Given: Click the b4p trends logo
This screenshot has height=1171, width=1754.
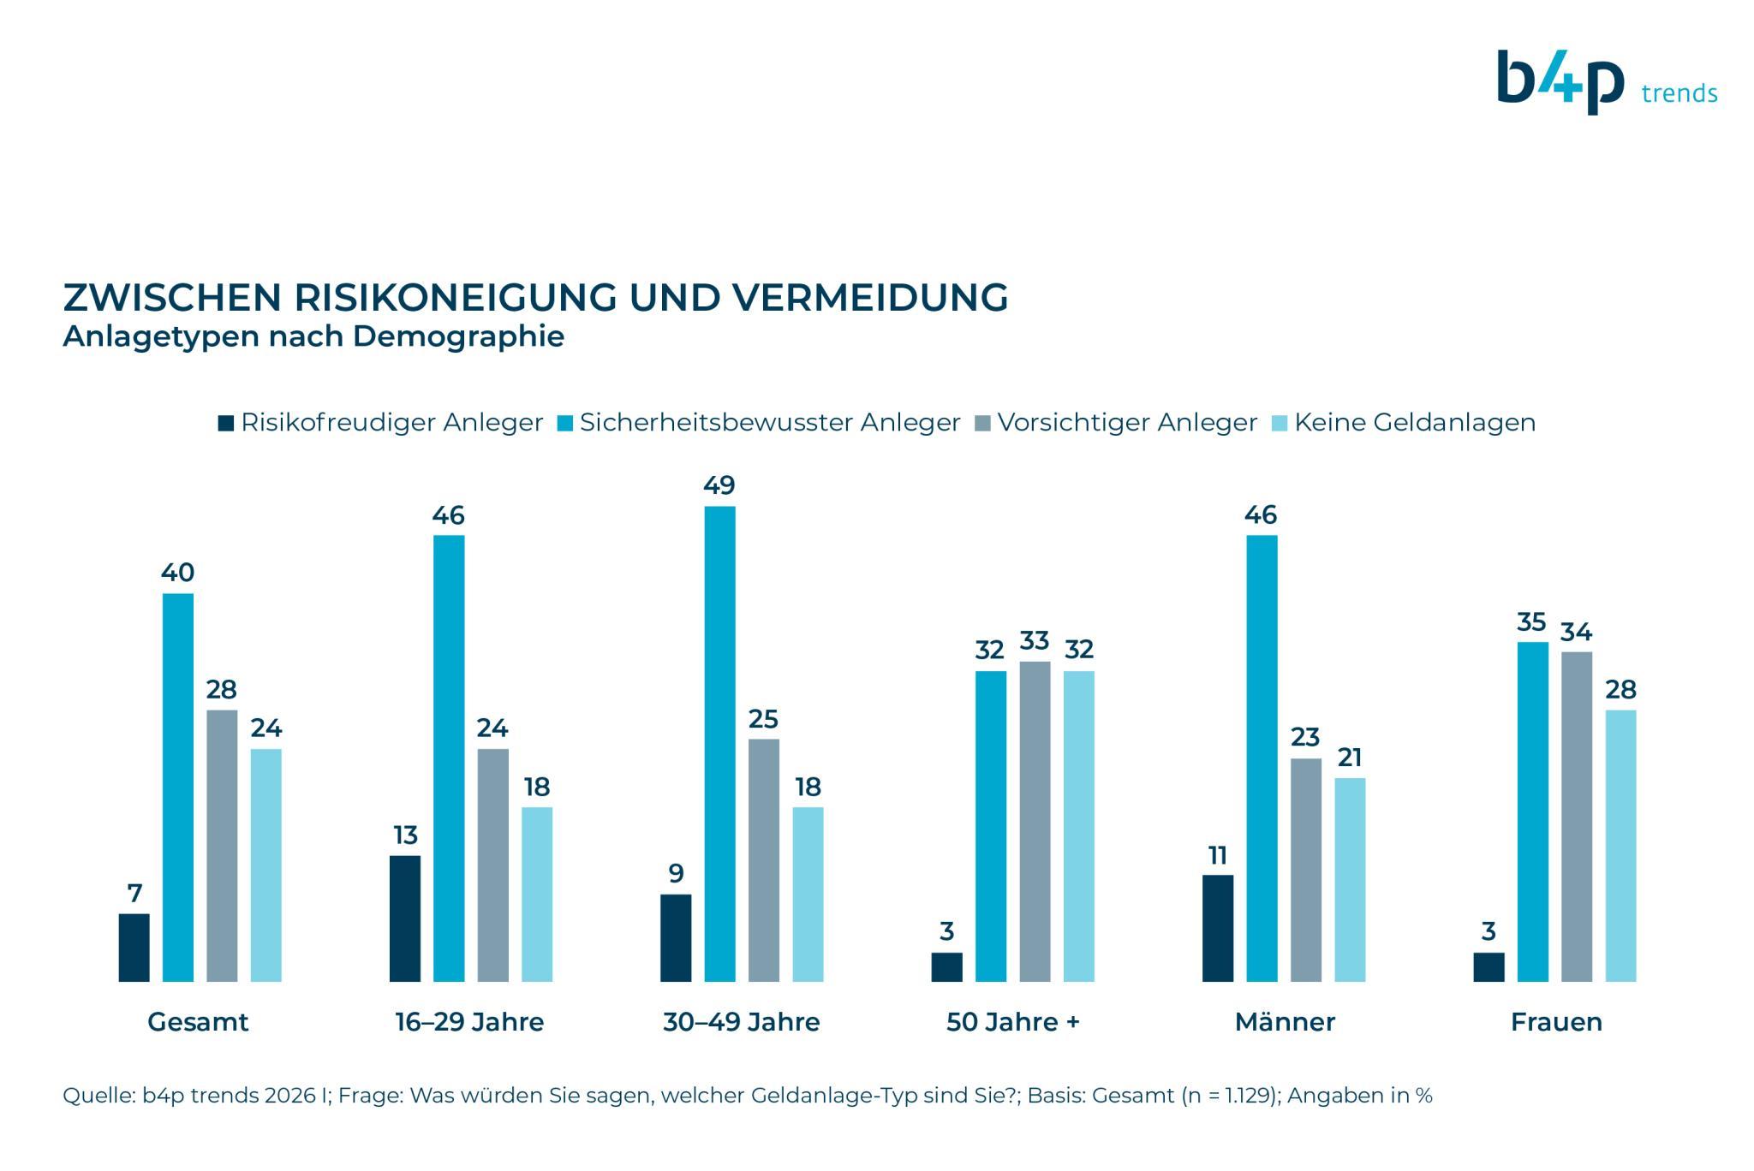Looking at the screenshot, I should (x=1605, y=83).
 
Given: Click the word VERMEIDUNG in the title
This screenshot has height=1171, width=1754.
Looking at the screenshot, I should (x=869, y=298).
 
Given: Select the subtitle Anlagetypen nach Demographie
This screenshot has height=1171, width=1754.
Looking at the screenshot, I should (x=313, y=336).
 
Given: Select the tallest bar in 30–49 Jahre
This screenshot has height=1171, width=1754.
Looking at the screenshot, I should (x=719, y=743).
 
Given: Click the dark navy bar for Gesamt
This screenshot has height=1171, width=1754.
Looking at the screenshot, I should (x=134, y=947).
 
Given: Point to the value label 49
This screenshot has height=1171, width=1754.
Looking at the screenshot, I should (x=719, y=485).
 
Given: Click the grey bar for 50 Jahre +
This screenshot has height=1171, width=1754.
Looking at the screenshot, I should (x=1035, y=821).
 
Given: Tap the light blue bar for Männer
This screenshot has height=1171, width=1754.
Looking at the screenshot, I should (x=1350, y=879).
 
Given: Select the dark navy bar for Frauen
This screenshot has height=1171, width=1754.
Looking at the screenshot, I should (x=1489, y=966).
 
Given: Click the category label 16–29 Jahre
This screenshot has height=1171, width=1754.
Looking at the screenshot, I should (x=469, y=1022).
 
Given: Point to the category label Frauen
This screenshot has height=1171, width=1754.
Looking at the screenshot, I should (x=1555, y=1022).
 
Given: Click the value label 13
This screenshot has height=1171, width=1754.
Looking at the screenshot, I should (x=405, y=835).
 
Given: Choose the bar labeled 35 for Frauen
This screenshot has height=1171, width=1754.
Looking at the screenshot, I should (x=1532, y=811).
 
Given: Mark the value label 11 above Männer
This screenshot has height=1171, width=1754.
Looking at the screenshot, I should (x=1217, y=855).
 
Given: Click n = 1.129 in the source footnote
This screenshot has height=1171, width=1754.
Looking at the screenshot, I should (x=1229, y=1096).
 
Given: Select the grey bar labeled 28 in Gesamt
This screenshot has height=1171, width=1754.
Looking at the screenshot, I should (x=222, y=845).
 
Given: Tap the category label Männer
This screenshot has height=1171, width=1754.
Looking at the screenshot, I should (x=1285, y=1022).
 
